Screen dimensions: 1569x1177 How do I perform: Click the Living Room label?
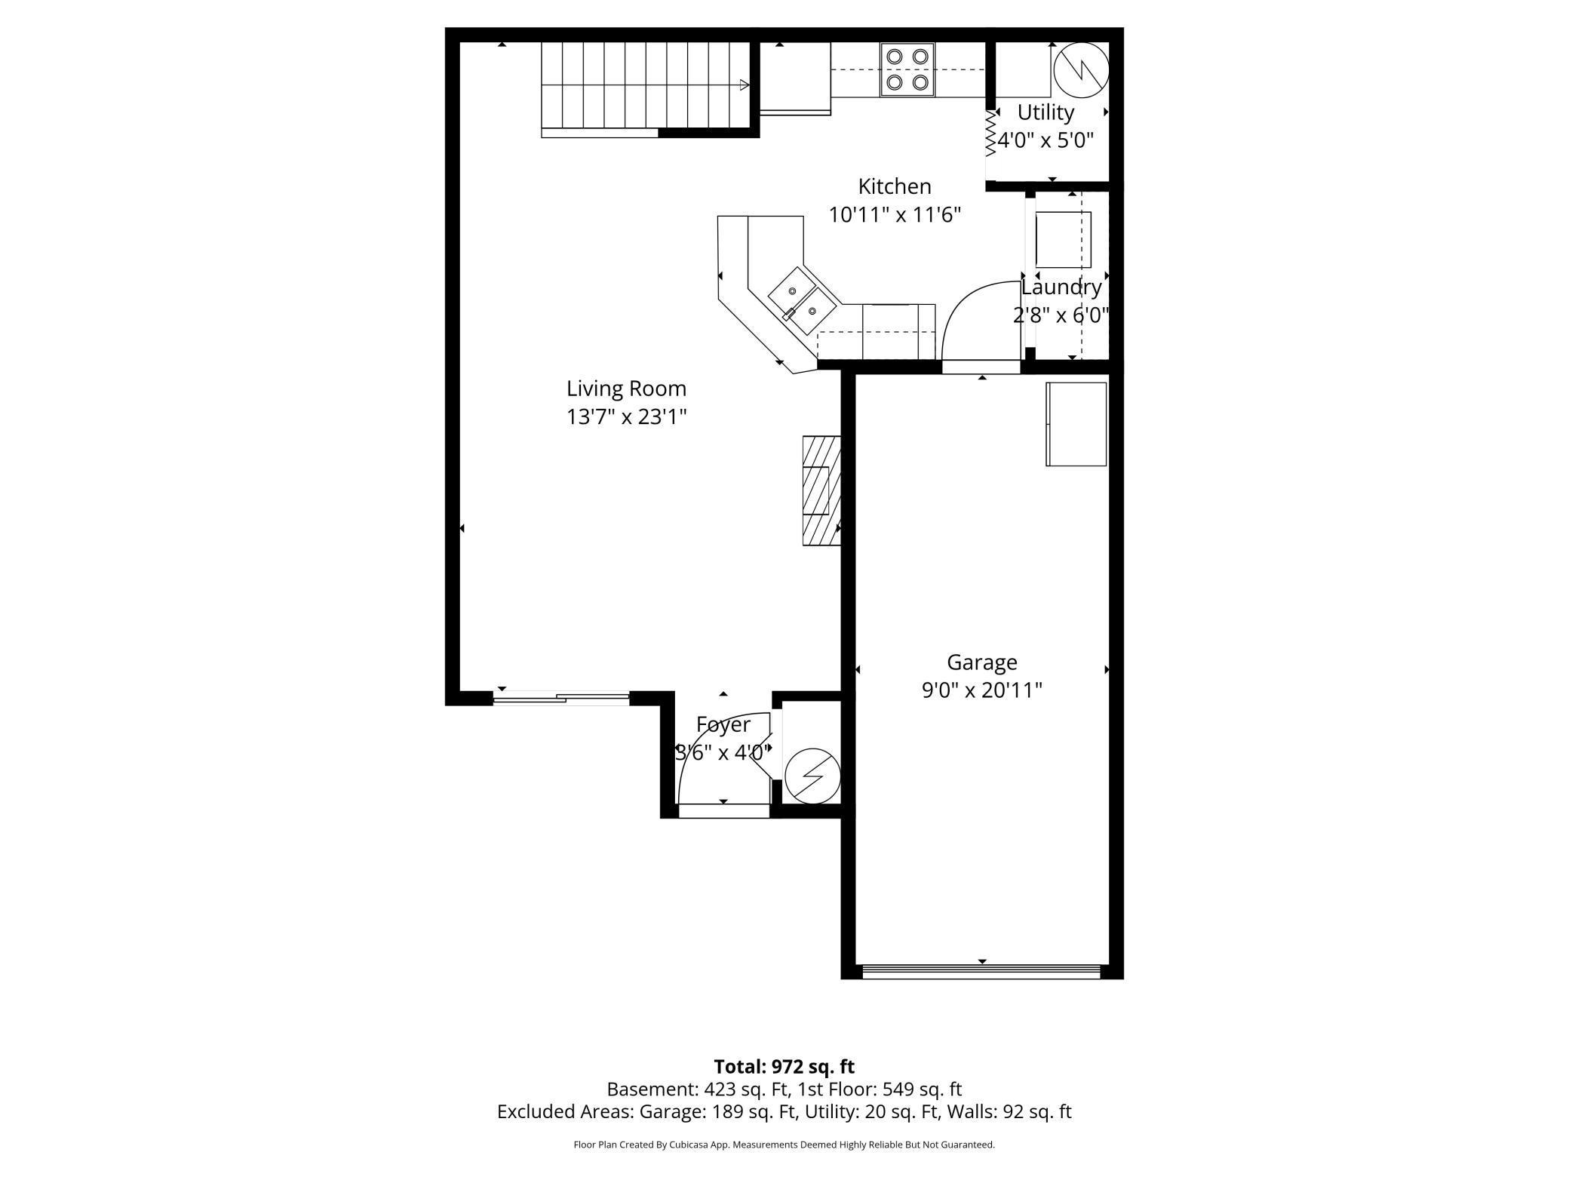626,389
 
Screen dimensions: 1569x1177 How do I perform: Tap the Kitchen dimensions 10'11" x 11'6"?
895,215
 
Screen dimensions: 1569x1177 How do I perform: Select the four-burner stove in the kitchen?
907,69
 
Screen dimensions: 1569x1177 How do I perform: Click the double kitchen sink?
803,301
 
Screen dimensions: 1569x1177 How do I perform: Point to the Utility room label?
1045,112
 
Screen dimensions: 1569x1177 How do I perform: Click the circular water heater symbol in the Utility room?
1081,70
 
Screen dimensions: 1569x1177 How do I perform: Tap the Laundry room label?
1061,287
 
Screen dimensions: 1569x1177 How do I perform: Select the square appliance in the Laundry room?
1064,240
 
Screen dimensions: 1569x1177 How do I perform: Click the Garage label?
982,662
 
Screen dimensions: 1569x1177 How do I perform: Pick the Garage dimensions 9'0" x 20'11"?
982,690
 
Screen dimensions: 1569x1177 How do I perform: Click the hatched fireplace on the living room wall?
821,490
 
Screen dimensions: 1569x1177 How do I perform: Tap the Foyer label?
723,724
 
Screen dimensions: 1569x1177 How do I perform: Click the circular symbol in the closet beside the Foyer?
812,776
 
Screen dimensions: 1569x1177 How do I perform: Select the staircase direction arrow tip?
748,85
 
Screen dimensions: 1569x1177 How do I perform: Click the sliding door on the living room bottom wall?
561,698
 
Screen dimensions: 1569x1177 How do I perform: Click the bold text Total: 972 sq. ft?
784,1067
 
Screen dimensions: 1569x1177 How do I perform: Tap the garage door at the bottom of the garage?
982,972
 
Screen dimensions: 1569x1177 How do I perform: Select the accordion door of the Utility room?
990,134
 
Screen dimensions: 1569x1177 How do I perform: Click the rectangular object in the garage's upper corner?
1076,424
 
